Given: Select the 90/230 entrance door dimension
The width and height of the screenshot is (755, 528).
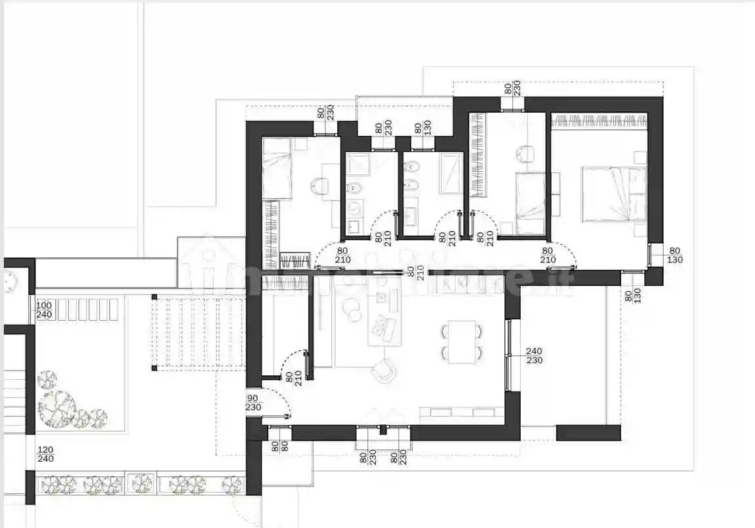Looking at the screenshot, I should [253, 402].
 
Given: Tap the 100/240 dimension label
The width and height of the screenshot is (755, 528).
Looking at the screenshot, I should [43, 310].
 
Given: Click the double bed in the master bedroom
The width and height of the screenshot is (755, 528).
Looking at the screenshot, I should [613, 193].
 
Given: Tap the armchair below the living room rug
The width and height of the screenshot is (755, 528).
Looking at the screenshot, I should [384, 372].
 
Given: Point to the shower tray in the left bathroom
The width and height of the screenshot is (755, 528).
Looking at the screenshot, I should [357, 163].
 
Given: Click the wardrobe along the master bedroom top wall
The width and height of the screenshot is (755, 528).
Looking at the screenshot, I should [598, 120].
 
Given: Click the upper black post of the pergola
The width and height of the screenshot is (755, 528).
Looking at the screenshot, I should [153, 296].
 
